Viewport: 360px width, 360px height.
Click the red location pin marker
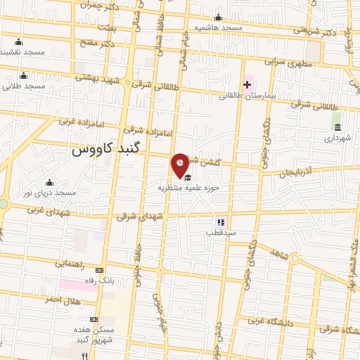[181, 165]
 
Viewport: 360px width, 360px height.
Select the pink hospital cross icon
[247, 84]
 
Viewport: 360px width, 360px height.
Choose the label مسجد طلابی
[23, 86]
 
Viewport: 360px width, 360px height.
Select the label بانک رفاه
[99, 280]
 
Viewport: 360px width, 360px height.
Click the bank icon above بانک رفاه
[99, 270]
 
